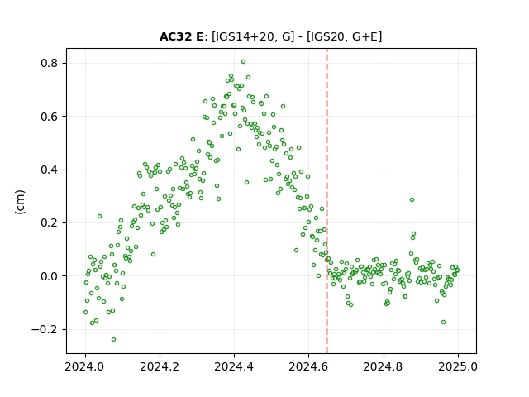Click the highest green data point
coord(243,62)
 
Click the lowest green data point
coord(114,339)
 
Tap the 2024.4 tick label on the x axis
coord(234,366)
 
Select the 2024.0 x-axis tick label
coord(85,366)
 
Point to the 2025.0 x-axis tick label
coord(458,366)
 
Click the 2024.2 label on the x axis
coord(160,366)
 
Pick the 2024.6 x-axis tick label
coord(308,366)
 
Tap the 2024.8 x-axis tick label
coord(384,366)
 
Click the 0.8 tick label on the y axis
coord(50,63)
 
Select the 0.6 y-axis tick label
coord(50,117)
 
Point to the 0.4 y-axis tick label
coord(50,170)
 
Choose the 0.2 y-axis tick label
coord(50,222)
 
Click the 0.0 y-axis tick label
coord(50,276)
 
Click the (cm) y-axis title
coord(20,202)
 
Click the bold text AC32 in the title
coord(175,36)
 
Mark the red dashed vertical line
coord(327,201)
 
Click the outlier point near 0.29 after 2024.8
coord(412,200)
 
